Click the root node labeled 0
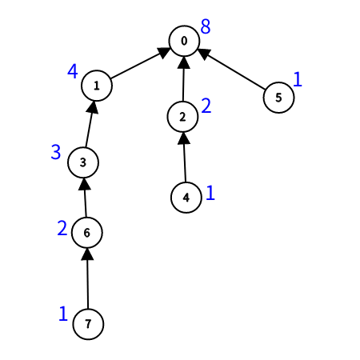184,41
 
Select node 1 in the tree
97,86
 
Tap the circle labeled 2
182,117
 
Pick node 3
83,162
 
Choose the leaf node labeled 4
186,198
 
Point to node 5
278,98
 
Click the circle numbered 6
87,233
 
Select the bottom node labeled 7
88,324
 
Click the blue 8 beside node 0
206,26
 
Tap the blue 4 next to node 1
73,71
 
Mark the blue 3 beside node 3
56,152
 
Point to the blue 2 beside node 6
62,228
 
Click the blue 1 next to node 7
63,314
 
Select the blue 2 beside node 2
206,106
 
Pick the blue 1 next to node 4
210,193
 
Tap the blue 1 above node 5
298,79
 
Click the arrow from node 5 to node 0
231,69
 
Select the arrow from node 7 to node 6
87,278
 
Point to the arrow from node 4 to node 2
184,157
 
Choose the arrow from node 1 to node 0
140,63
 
